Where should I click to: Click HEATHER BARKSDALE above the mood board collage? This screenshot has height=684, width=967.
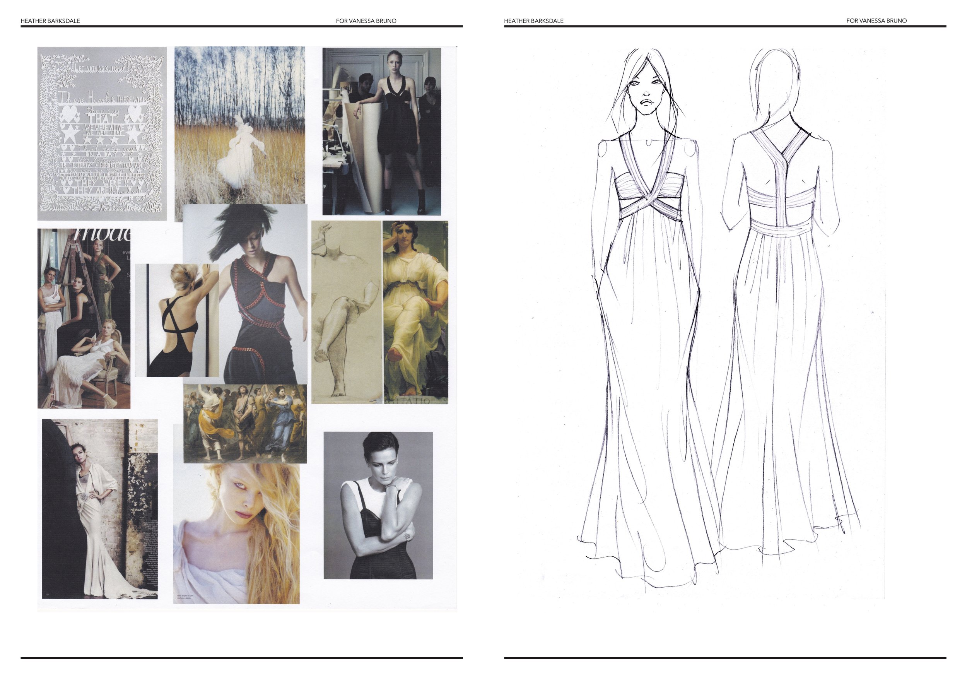click(50, 21)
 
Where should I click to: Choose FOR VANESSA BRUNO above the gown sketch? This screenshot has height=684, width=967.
click(876, 21)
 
